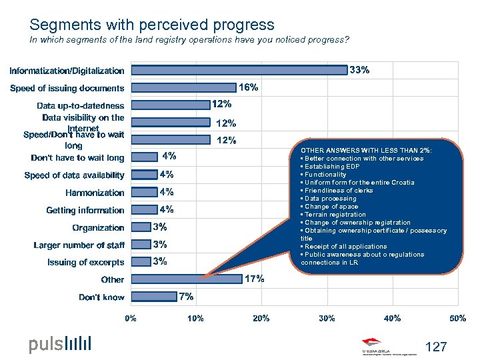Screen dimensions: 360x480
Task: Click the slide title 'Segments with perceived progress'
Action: tap(151, 25)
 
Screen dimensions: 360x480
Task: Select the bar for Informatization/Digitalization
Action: tap(239, 69)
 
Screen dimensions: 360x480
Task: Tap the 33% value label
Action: tap(360, 69)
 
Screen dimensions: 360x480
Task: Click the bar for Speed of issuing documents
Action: tap(184, 87)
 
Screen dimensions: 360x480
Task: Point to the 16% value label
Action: tap(249, 87)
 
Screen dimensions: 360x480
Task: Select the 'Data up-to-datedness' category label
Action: tap(80, 105)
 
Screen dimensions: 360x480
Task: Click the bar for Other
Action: tap(187, 279)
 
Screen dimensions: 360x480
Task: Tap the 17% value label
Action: tap(254, 279)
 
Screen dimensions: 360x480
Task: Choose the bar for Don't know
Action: tap(153, 297)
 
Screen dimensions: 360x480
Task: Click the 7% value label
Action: tap(186, 296)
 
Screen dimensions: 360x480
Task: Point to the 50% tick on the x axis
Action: tap(457, 319)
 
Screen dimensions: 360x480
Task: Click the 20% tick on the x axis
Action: tap(261, 319)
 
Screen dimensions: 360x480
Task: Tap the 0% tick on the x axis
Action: tap(131, 319)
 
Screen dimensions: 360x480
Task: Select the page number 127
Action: tap(435, 347)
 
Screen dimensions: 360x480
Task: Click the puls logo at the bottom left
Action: tap(59, 344)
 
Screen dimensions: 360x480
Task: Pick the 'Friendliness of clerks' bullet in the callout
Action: tap(337, 191)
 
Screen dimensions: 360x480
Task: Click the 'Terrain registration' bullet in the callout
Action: tap(333, 215)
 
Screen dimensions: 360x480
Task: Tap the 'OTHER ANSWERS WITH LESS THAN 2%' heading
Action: tap(366, 151)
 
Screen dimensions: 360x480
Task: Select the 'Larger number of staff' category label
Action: tap(79, 245)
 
